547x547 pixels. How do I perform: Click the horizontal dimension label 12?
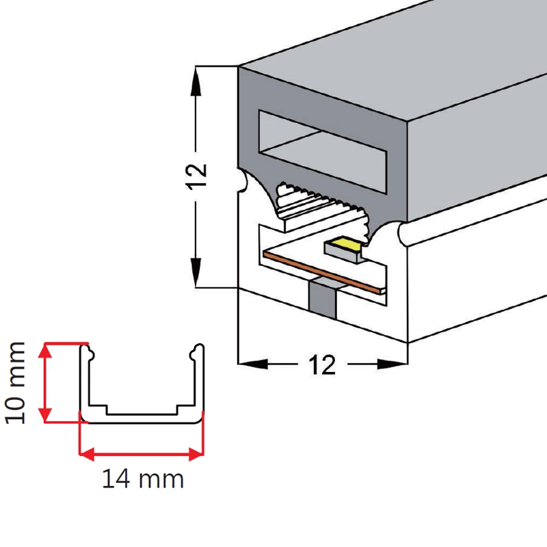pos(322,365)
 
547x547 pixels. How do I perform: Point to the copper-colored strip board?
pos(321,271)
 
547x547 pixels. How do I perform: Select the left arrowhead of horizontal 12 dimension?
pos(247,364)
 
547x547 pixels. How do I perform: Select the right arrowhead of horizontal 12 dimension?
pos(397,364)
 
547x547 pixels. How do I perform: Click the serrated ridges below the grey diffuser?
pos(321,202)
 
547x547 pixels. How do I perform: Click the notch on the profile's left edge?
pos(241,181)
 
